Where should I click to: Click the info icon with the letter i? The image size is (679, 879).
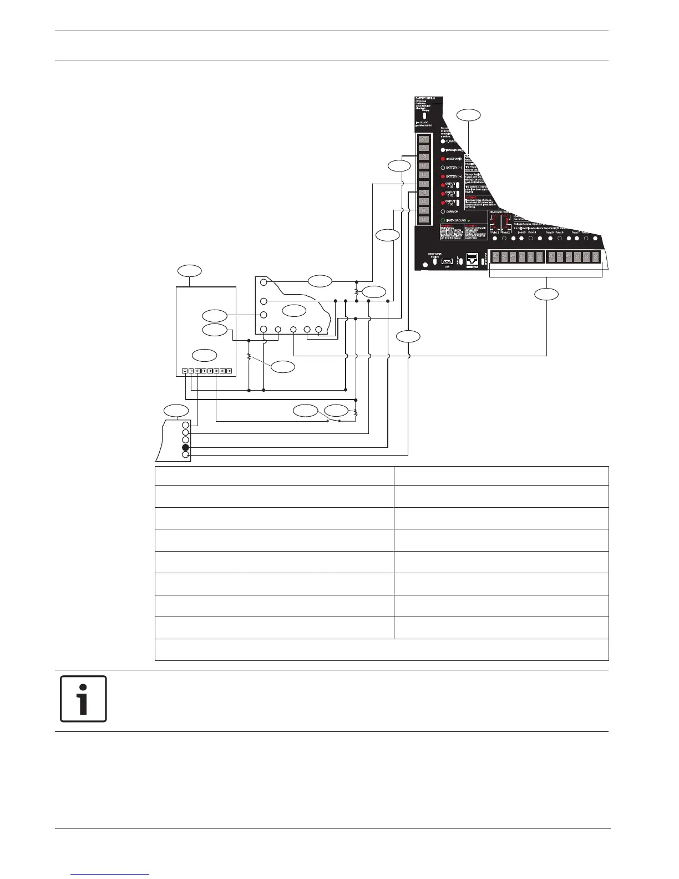point(83,699)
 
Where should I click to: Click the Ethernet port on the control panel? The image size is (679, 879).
point(473,259)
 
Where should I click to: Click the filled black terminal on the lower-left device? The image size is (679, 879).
point(186,447)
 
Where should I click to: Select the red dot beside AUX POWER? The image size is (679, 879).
point(443,159)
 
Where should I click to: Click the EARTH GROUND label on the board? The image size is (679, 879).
point(457,220)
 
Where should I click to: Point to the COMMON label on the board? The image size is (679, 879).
point(452,211)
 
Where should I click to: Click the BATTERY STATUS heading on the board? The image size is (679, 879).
point(425,98)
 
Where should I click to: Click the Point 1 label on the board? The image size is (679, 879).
point(495,233)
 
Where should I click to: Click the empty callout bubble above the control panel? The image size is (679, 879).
point(469,115)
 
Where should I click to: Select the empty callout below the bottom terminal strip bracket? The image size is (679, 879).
point(546,294)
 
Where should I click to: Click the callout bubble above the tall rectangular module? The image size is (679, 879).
point(189,270)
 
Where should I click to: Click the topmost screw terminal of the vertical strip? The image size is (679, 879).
point(423,139)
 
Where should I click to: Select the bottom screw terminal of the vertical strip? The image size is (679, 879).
point(423,219)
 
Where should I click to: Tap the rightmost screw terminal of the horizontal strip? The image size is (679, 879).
point(595,257)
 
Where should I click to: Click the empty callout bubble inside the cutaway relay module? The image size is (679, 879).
point(294,310)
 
